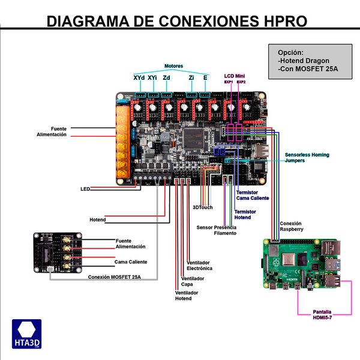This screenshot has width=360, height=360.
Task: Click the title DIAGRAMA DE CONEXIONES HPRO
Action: pyautogui.click(x=177, y=21)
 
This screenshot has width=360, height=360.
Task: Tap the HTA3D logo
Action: pyautogui.click(x=26, y=334)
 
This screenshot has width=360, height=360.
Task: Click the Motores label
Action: pyautogui.click(x=174, y=66)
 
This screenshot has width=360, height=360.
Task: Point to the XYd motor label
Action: pyautogui.click(x=138, y=78)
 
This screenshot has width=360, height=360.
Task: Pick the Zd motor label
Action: pyautogui.click(x=167, y=78)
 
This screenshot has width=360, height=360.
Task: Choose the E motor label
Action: pyautogui.click(x=206, y=78)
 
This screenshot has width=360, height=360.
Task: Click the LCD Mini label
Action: pyautogui.click(x=234, y=75)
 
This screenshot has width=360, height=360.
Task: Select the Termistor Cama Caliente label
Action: pyautogui.click(x=253, y=195)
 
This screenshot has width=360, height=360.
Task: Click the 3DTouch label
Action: pyautogui.click(x=203, y=207)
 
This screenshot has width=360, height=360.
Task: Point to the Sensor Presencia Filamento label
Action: pyautogui.click(x=217, y=230)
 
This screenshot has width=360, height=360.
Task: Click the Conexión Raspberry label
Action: pyautogui.click(x=295, y=226)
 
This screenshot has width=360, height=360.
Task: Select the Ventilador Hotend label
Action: pyautogui.click(x=187, y=295)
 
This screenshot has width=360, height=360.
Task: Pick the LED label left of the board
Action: pyautogui.click(x=85, y=189)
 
